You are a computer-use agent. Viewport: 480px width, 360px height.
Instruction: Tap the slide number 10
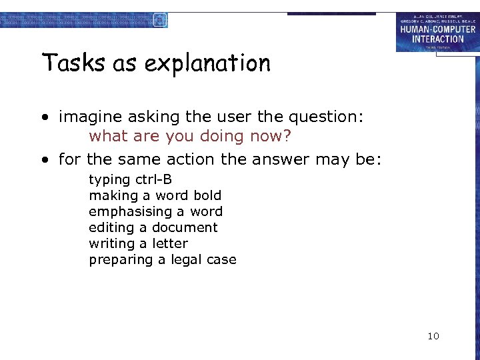[x=433, y=336]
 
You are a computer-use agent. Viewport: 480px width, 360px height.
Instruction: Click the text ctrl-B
[x=153, y=179]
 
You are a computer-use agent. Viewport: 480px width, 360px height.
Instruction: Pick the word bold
[x=207, y=195]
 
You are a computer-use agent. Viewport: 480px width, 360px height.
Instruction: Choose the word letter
[x=170, y=243]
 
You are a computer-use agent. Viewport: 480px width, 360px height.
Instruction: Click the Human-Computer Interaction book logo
[x=437, y=32]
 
